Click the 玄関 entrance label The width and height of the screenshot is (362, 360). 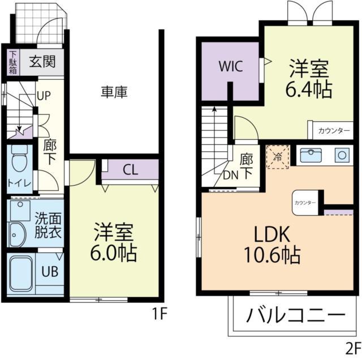(x=42, y=61)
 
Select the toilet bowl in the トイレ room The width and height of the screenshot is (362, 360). (x=20, y=160)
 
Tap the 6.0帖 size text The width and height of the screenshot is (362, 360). (x=114, y=252)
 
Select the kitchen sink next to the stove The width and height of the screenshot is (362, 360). (x=311, y=155)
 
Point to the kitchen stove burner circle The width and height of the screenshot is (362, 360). (x=342, y=154)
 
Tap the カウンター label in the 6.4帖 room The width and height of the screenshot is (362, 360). (x=334, y=130)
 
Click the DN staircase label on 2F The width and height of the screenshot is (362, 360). (x=231, y=175)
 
